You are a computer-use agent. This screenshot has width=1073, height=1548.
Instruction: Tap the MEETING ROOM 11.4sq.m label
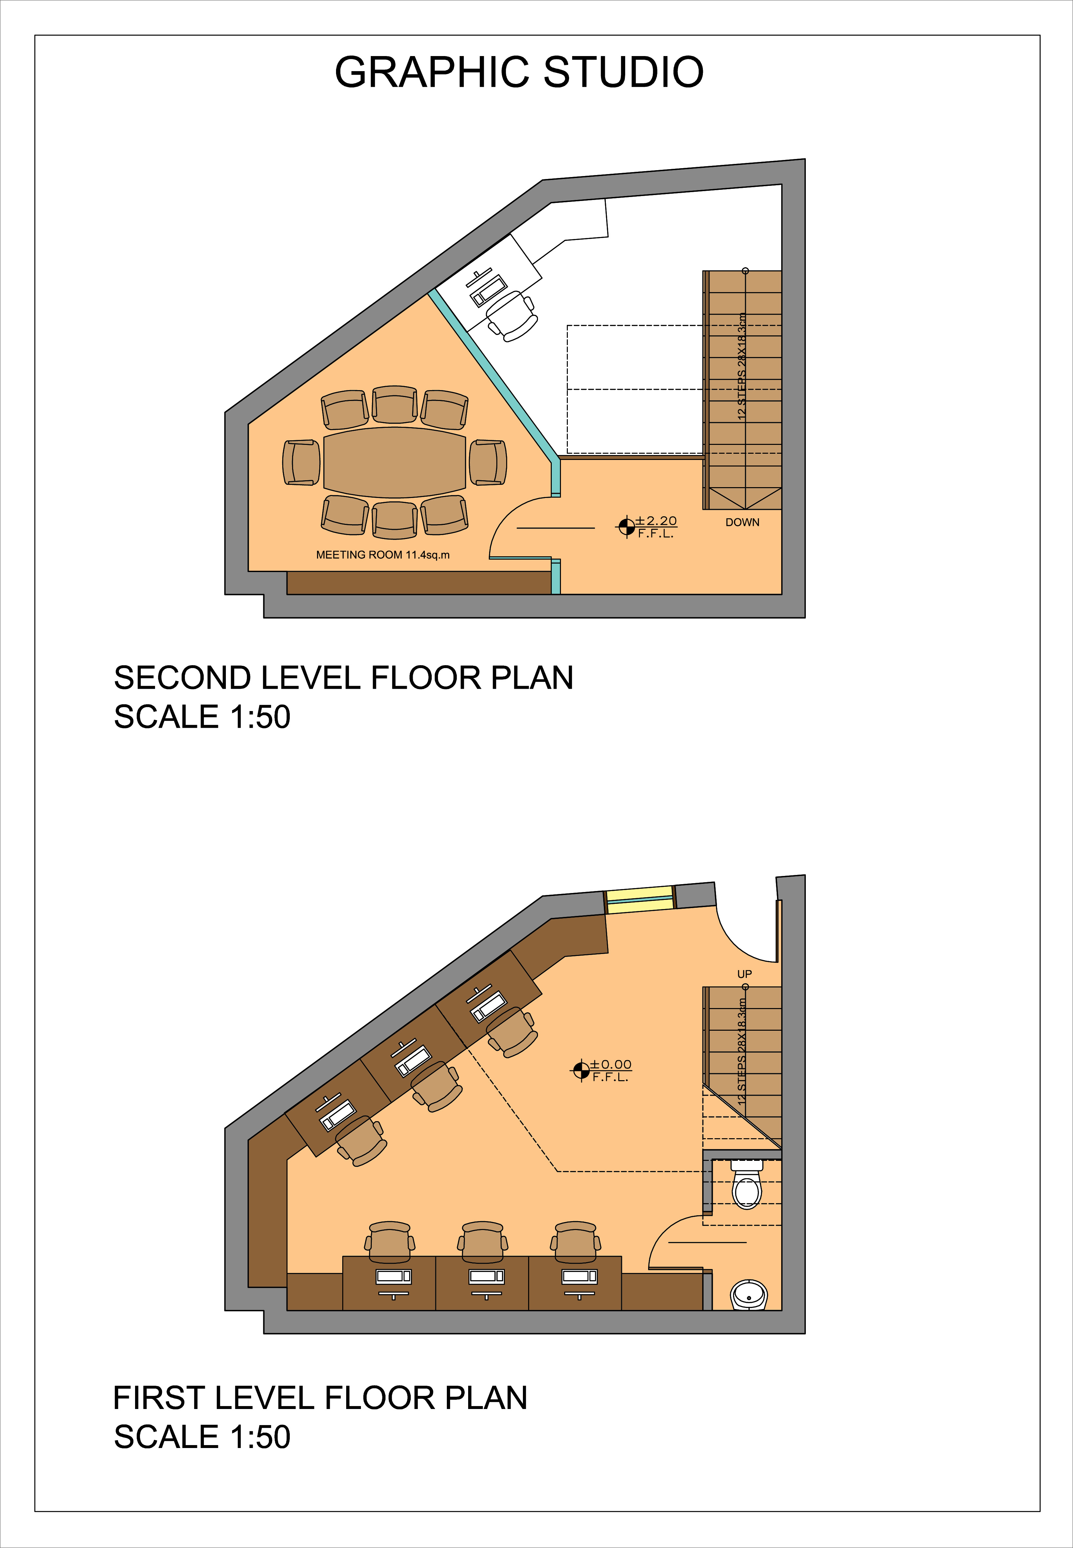pos(383,555)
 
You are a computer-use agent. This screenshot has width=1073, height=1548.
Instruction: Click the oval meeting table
pos(395,463)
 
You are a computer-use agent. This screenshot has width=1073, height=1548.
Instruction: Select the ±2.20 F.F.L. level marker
pos(647,526)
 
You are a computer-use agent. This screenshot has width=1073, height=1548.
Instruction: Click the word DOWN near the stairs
pos(742,522)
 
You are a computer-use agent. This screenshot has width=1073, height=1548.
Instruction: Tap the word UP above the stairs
pos(744,974)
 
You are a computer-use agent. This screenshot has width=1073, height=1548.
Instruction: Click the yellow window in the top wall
pos(640,899)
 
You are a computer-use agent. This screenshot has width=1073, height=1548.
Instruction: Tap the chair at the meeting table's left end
pos(301,463)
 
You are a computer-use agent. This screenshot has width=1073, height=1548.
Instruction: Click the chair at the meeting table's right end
pos(488,463)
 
